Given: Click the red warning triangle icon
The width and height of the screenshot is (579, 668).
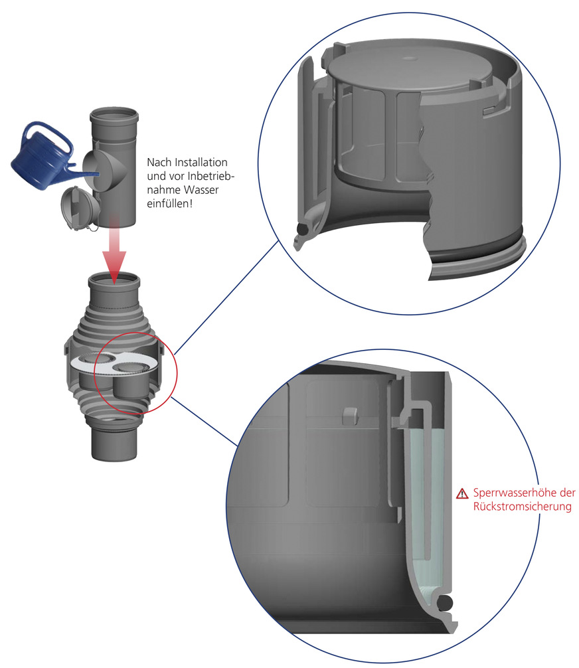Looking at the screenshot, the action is (x=462, y=494).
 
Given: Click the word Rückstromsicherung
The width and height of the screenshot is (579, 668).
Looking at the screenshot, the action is (x=523, y=507).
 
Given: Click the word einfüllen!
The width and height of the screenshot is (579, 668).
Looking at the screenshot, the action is (x=169, y=204).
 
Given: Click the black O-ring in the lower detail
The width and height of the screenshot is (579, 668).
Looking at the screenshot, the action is (x=446, y=602).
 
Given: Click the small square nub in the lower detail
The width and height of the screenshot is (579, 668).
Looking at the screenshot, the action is (x=349, y=416).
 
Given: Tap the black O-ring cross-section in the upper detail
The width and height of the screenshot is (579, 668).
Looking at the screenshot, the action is (x=303, y=230).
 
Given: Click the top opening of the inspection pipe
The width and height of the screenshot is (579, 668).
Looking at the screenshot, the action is (x=114, y=115).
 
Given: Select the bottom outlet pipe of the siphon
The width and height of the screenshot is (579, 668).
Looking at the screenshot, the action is (x=114, y=445).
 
